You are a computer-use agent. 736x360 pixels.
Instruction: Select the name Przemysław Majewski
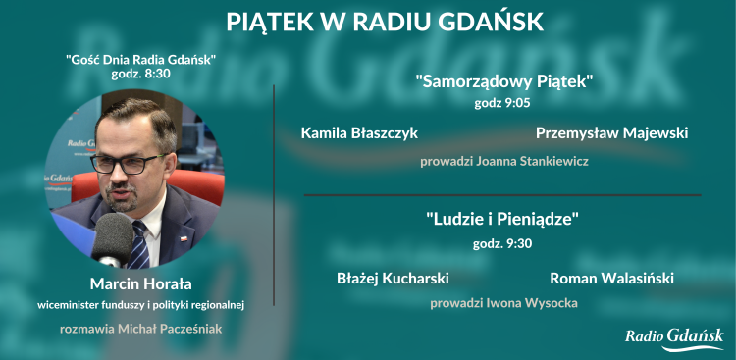611,131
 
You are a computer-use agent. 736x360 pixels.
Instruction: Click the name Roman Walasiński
611,278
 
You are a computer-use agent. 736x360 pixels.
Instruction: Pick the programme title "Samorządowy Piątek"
504,81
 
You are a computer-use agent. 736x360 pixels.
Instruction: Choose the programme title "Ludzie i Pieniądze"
503,219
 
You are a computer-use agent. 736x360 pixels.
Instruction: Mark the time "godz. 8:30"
141,75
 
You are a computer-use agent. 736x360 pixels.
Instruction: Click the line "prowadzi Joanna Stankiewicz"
503,161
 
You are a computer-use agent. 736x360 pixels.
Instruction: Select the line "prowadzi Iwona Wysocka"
503,303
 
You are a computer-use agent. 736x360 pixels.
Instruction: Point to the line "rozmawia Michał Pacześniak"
141,328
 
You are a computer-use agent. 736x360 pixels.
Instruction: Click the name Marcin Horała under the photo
140,284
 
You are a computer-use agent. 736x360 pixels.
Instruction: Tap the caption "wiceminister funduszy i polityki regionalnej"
140,305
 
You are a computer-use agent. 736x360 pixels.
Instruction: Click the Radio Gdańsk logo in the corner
674,338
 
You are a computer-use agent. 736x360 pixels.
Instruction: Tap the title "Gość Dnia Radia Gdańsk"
141,60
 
